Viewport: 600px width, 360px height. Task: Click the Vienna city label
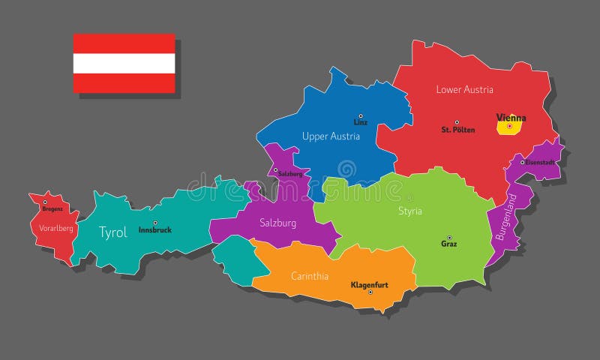tap(511, 118)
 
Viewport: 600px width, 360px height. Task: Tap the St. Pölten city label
tap(457, 130)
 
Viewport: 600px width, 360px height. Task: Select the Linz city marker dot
tap(360, 115)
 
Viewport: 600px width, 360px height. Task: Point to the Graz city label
tap(449, 244)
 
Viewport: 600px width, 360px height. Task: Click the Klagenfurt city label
tap(370, 285)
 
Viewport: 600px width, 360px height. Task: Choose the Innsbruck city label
tap(155, 230)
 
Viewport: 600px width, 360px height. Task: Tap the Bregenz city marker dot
tap(45, 202)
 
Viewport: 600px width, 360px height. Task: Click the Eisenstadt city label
tap(539, 162)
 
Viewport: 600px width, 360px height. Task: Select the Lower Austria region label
tap(464, 90)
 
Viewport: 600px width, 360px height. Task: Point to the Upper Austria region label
tap(331, 136)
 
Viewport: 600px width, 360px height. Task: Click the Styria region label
tap(409, 211)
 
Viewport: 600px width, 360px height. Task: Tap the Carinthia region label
tap(310, 276)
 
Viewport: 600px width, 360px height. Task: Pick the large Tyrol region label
tap(113, 232)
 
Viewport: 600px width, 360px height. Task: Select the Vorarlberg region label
tap(56, 228)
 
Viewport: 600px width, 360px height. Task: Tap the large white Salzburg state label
tap(277, 223)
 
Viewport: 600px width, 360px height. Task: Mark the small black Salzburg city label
tap(290, 174)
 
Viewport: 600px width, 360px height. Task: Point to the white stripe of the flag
tap(124, 64)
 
